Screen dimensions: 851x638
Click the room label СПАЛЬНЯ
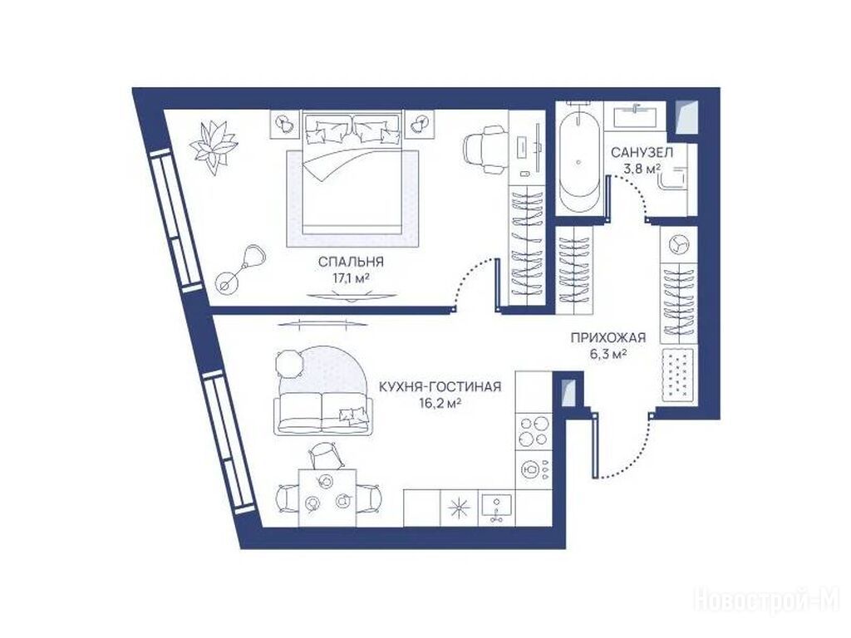(x=351, y=262)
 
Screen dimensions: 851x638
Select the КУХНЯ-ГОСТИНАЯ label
(x=440, y=387)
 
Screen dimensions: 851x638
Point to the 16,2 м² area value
(x=440, y=404)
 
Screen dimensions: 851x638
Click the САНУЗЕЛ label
(x=642, y=153)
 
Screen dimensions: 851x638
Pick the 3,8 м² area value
(x=642, y=168)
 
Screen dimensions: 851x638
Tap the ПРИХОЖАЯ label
(x=608, y=339)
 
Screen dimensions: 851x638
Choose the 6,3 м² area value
(x=608, y=355)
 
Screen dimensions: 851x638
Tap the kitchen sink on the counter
(x=497, y=508)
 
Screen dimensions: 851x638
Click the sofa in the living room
(x=319, y=414)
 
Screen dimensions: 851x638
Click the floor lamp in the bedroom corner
(x=239, y=269)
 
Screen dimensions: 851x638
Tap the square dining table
(x=327, y=498)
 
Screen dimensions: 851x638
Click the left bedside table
(x=284, y=123)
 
